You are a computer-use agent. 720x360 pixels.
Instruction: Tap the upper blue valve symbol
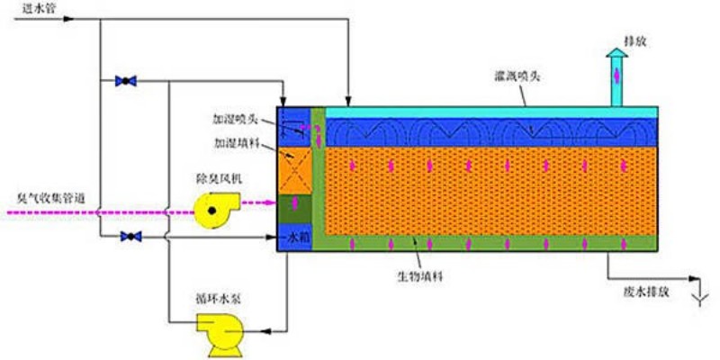point(126,81)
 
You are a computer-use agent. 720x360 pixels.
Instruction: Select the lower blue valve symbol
point(130,237)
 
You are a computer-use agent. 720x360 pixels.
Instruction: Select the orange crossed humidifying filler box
point(295,170)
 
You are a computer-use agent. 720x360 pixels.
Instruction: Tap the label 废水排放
point(646,292)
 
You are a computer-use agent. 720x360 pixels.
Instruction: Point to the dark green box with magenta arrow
point(295,209)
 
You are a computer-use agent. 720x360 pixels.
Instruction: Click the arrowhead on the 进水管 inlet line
point(68,19)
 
